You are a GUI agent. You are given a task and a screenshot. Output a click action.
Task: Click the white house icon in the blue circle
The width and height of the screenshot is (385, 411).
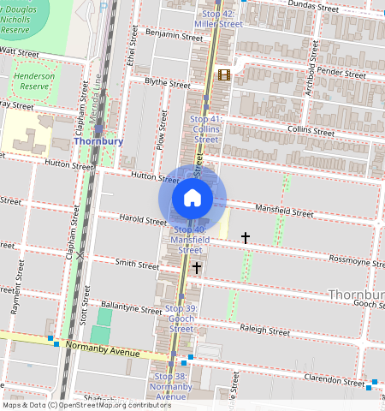(192, 198)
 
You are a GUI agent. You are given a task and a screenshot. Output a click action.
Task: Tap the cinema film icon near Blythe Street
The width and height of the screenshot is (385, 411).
(224, 75)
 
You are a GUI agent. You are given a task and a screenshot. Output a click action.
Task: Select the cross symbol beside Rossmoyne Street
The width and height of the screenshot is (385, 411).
(246, 237)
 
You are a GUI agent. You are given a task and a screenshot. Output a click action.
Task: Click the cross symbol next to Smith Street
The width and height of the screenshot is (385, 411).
(197, 268)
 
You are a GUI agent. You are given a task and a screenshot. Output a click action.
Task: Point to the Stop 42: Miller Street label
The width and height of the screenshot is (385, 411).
(218, 20)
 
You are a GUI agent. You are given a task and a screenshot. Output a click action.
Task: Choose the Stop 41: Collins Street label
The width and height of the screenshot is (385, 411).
(206, 128)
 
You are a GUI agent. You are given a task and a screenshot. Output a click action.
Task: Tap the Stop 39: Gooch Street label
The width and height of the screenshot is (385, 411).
(181, 319)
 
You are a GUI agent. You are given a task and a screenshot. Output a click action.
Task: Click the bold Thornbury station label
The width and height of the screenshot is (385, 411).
(98, 141)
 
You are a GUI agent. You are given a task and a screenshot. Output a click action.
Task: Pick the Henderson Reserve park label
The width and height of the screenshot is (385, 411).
(35, 80)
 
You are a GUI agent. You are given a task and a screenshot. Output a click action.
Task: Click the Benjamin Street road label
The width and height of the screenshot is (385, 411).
(174, 36)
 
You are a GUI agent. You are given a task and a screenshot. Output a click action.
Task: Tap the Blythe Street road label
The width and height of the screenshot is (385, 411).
(167, 84)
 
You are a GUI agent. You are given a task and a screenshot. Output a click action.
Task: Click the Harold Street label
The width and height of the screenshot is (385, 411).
(142, 219)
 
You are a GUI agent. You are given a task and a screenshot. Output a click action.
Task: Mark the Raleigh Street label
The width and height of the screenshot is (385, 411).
(266, 330)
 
